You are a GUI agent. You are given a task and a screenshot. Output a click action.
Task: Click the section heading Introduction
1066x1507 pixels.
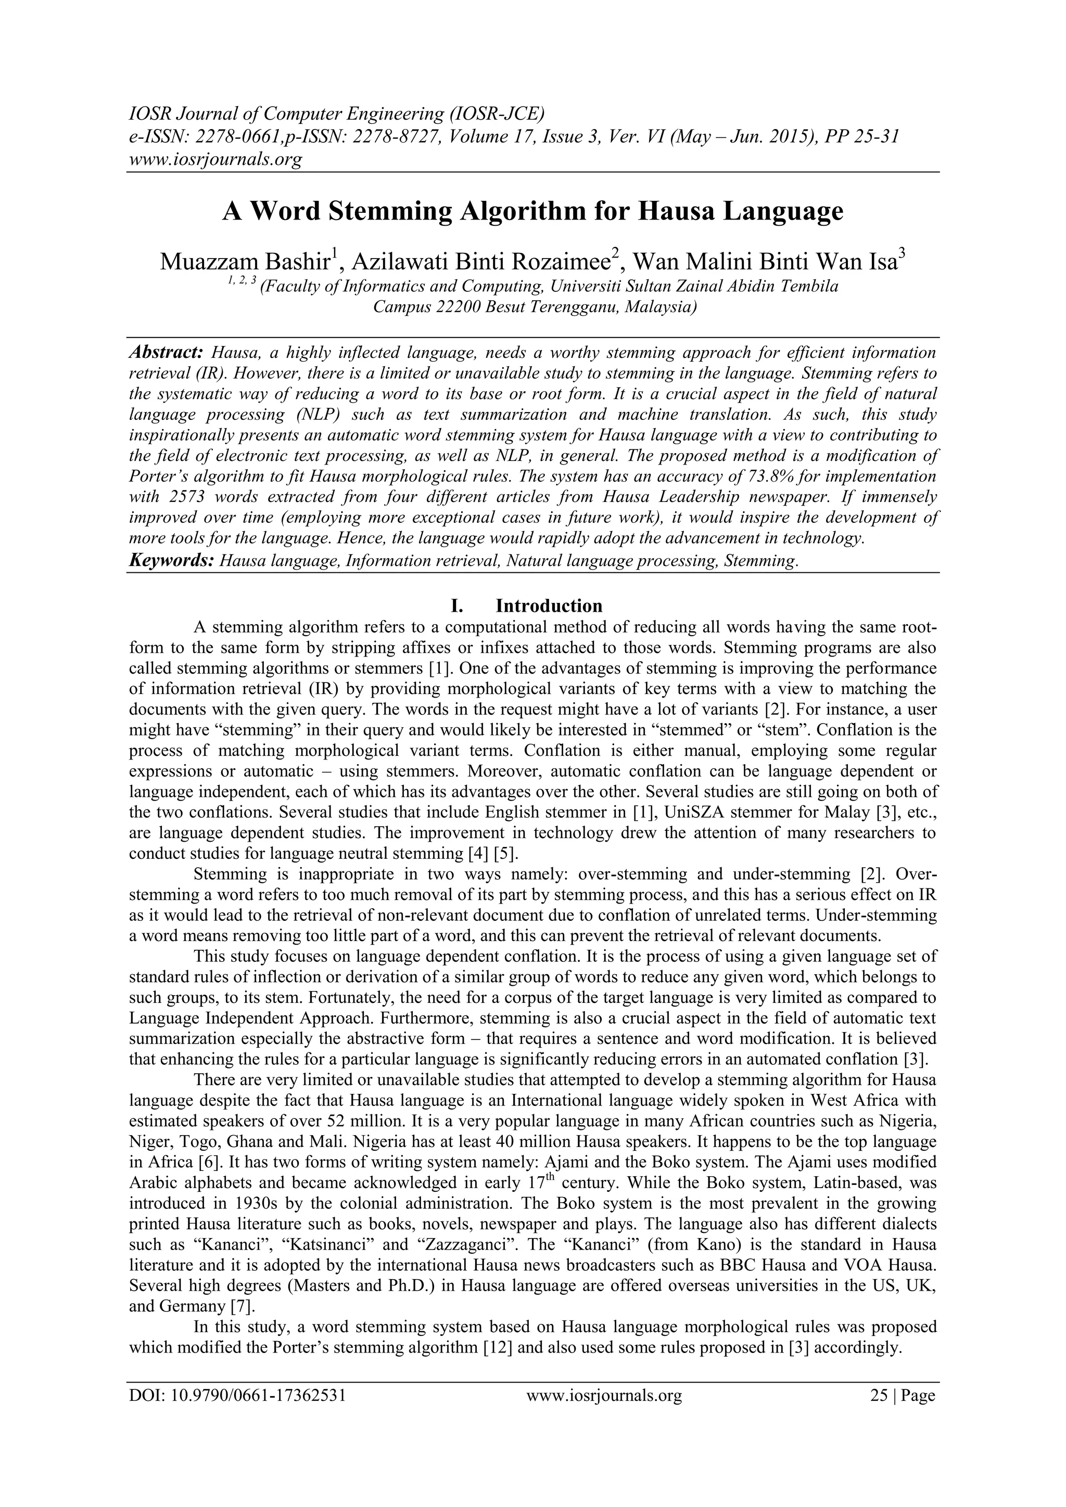pos(549,605)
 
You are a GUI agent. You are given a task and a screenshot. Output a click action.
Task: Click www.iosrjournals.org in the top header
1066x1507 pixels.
pos(215,160)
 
